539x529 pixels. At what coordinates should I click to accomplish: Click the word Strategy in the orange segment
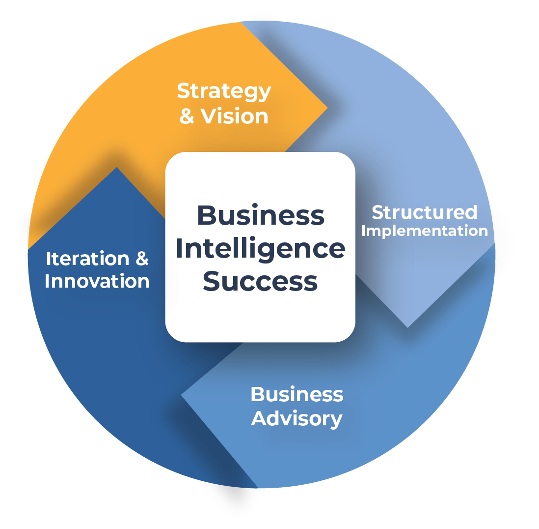pyautogui.click(x=224, y=92)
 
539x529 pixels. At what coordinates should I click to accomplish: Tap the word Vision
pyautogui.click(x=234, y=116)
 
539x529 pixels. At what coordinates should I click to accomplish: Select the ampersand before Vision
pyautogui.click(x=187, y=116)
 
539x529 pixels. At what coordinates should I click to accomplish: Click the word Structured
pyautogui.click(x=425, y=212)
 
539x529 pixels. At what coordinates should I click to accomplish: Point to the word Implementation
pyautogui.click(x=425, y=231)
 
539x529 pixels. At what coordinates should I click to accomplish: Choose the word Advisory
pyautogui.click(x=296, y=419)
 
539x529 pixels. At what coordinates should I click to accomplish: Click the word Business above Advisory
pyautogui.click(x=297, y=394)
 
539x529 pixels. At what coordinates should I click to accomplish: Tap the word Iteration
pyautogui.click(x=88, y=259)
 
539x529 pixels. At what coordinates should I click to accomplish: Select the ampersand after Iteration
pyautogui.click(x=142, y=259)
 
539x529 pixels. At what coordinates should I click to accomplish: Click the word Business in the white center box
pyautogui.click(x=261, y=215)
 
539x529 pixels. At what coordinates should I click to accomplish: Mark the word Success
pyautogui.click(x=260, y=281)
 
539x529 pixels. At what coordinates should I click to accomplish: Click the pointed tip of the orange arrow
pyautogui.click(x=327, y=108)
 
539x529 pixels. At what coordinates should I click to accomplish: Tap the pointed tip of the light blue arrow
pyautogui.click(x=408, y=327)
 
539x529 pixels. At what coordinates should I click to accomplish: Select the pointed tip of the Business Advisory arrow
pyautogui.click(x=181, y=395)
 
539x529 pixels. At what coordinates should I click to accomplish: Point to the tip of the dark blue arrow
pyautogui.click(x=117, y=167)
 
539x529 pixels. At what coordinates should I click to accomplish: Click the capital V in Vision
pyautogui.click(x=210, y=116)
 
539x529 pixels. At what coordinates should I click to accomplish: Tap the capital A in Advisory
pyautogui.click(x=261, y=418)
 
